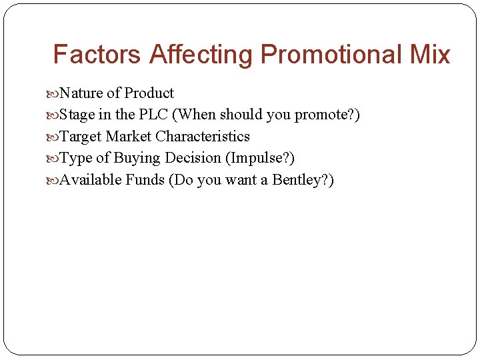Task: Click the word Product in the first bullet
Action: (x=149, y=93)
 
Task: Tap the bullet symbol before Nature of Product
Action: (x=53, y=94)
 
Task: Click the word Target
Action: (x=81, y=137)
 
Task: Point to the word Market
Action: (x=129, y=137)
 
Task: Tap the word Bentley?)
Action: (x=303, y=180)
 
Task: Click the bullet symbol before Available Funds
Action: (x=53, y=181)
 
